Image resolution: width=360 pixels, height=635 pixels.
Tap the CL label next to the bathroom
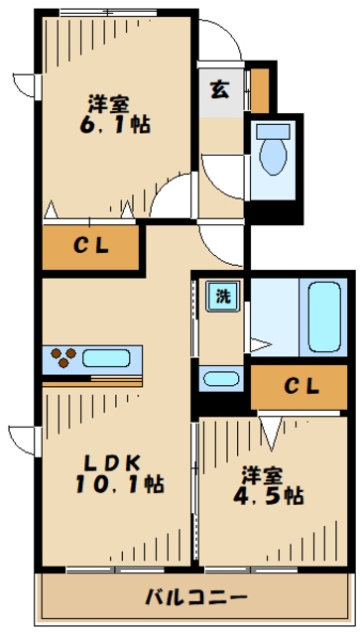tap(299, 388)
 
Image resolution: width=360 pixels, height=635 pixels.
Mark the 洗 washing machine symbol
tap(221, 296)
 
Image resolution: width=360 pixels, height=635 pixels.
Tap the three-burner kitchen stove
tap(60, 357)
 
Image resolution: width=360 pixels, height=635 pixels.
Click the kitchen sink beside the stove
tap(112, 358)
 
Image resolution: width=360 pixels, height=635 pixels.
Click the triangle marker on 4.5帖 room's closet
tap(270, 429)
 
